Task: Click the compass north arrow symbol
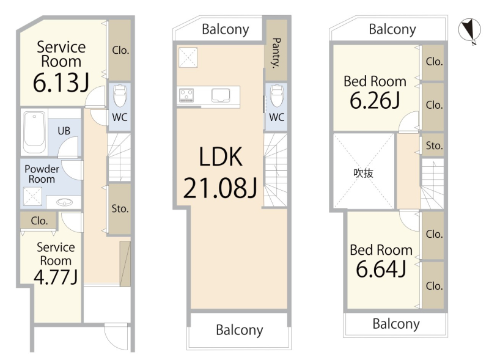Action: point(469,31)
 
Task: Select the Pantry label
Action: point(276,53)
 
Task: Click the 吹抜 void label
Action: point(363,173)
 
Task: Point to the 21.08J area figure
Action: point(220,188)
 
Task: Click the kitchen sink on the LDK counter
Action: point(221,95)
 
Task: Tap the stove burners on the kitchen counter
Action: point(186,95)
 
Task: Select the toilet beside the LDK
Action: point(276,95)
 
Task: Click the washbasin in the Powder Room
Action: point(65,203)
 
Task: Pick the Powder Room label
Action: point(42,174)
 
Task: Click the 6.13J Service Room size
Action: point(61,83)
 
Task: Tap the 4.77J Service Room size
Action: point(56,277)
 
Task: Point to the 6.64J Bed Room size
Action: point(381,269)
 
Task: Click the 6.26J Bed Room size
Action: point(375,100)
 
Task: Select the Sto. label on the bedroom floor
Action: point(434,145)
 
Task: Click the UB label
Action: point(64,131)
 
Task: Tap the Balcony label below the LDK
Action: point(240,330)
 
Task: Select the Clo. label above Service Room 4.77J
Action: point(39,221)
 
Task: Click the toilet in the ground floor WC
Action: point(120,95)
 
